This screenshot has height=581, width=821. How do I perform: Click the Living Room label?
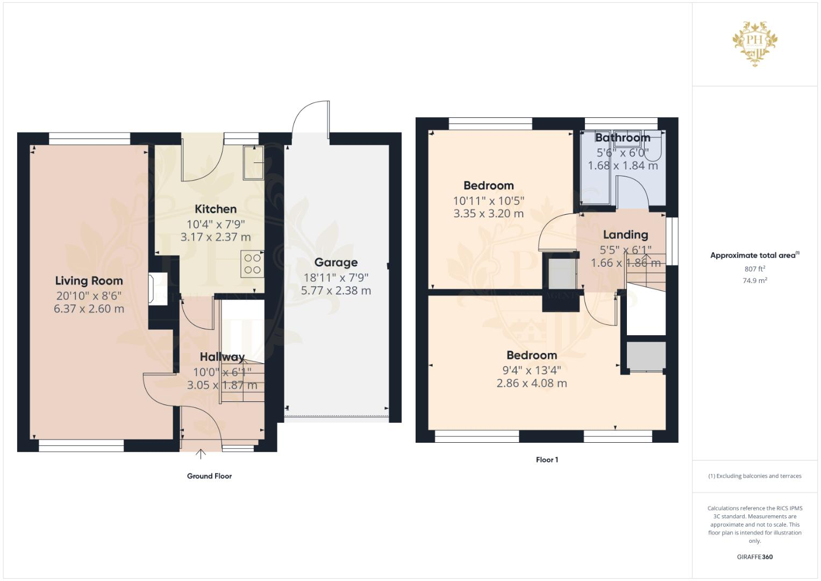coord(89,281)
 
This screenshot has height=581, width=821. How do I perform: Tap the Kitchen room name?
coord(216,209)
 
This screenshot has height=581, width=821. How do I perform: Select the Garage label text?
coord(336,263)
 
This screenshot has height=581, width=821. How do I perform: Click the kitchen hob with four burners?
coord(252,264)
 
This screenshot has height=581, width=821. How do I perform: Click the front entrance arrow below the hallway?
coord(201,454)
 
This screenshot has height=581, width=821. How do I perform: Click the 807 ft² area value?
coord(755,269)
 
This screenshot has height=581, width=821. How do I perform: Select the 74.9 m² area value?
coord(755,280)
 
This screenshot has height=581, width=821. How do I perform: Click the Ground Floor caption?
coord(209,476)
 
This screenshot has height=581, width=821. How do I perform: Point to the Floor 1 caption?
coord(547,460)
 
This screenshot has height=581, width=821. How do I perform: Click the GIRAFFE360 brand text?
coord(754,557)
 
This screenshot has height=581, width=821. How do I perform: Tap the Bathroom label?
coord(623,138)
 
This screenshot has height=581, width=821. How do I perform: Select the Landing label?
coord(625,235)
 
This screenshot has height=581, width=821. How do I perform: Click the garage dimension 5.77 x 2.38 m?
coord(336,290)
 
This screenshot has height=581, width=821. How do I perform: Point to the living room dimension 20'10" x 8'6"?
coord(89,295)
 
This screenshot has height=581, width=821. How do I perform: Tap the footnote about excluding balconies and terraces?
coord(754,476)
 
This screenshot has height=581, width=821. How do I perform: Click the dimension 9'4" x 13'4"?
coord(531,370)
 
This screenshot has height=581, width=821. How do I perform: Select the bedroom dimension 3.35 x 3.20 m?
coord(488,214)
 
